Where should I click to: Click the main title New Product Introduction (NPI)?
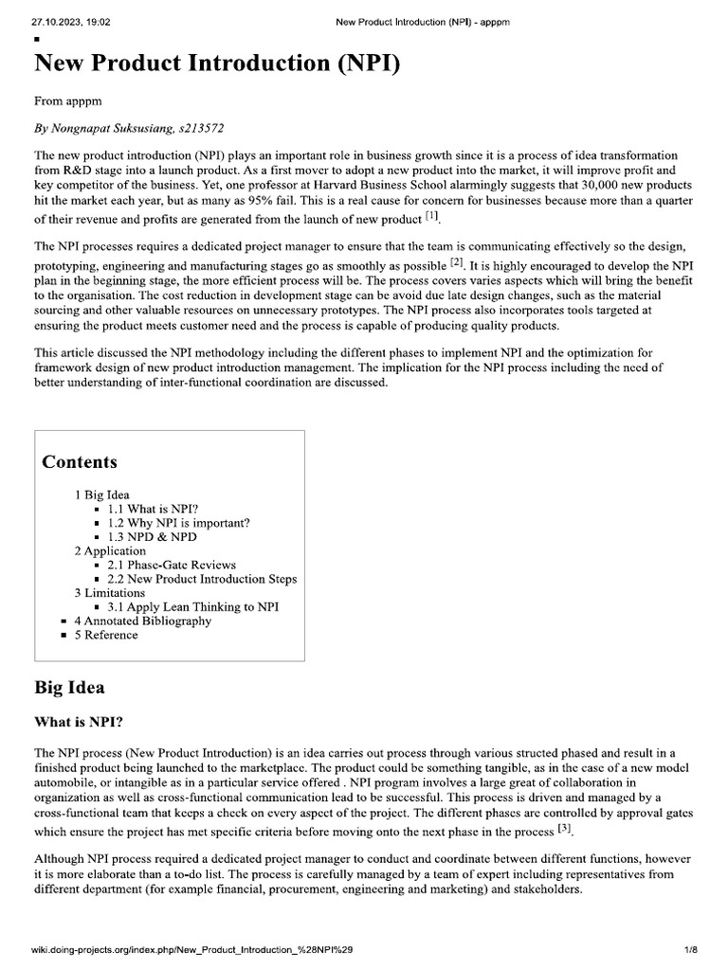(216, 64)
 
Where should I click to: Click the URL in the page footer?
(194, 948)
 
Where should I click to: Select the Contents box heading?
(80, 462)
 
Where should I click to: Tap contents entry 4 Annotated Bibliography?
(142, 620)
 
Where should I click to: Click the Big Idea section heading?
(69, 687)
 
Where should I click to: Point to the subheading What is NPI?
(78, 722)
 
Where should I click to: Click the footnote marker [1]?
(432, 217)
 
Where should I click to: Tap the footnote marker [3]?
(566, 827)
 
